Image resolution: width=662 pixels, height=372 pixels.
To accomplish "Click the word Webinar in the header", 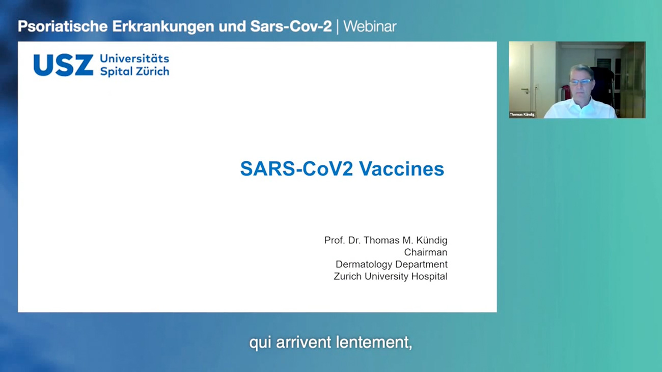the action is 370,26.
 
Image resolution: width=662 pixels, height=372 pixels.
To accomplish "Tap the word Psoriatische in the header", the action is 63,26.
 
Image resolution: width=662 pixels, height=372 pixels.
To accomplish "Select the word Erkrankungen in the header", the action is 163,27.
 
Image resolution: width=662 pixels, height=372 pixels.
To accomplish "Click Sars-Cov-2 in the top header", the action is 291,26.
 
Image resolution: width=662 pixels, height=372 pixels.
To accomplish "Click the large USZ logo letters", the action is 63,65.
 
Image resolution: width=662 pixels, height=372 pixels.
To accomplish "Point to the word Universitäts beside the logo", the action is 134,59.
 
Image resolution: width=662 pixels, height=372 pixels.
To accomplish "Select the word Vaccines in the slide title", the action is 402,169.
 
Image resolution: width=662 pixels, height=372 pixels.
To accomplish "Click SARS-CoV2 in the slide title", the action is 297,169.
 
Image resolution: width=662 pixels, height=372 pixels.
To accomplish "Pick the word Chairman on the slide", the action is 426,252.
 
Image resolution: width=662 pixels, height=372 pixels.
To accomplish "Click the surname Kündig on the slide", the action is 432,241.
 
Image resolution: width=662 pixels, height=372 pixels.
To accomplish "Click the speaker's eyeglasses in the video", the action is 581,82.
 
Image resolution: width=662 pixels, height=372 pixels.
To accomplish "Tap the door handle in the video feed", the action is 525,90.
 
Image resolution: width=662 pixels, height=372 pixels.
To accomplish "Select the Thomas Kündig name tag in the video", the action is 522,115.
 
